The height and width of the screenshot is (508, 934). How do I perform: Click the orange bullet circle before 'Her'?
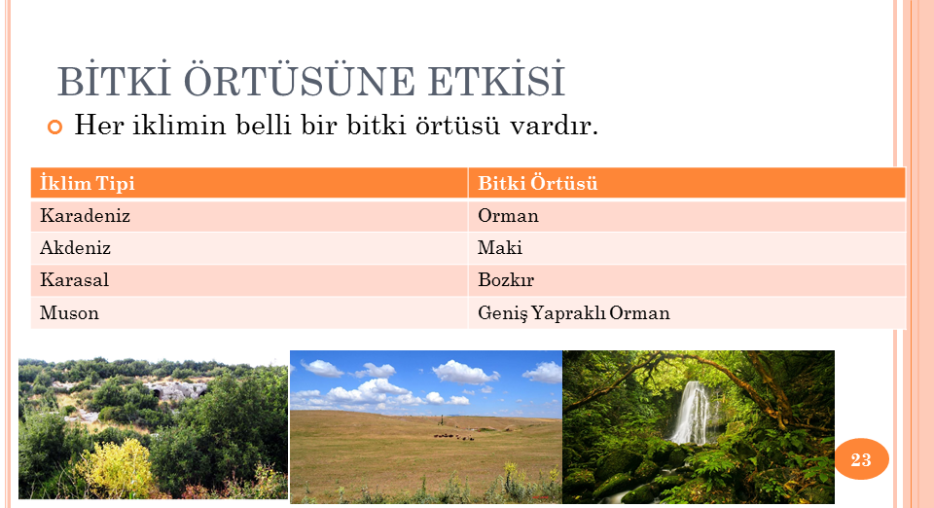(x=54, y=127)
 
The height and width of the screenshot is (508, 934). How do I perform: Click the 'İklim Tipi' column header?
(x=88, y=183)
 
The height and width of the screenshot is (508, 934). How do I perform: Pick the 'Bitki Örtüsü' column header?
(x=537, y=183)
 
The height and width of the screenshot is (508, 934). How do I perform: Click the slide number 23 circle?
(x=861, y=459)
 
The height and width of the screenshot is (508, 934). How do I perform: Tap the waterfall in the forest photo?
(x=692, y=412)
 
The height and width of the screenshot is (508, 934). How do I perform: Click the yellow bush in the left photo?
(x=115, y=468)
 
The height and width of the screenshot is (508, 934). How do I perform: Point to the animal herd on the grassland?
(x=454, y=437)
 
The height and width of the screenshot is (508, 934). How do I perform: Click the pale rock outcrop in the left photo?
(x=176, y=390)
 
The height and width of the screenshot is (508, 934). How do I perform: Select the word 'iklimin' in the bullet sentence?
(x=179, y=126)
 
